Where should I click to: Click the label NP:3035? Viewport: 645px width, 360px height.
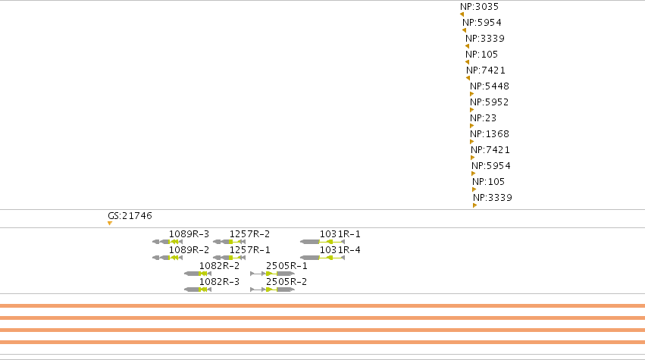pos(479,7)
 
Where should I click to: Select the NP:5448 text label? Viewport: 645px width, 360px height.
pos(490,86)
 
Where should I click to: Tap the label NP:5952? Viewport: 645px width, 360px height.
pos(490,102)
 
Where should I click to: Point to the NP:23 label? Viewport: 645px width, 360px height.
pos(484,118)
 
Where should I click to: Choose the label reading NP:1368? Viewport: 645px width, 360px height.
pos(490,133)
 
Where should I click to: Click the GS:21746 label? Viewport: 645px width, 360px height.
pos(130,215)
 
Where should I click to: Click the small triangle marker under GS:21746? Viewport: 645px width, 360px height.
pos(110,224)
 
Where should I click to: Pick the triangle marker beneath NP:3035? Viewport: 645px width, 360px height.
pos(462,14)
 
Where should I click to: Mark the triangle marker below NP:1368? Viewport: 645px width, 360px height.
pos(472,142)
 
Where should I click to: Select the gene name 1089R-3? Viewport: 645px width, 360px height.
pos(189,233)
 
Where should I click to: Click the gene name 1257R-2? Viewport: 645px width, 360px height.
pos(249,233)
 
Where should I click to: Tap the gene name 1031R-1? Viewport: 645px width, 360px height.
pos(340,233)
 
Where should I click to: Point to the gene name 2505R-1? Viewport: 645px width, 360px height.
pos(286,266)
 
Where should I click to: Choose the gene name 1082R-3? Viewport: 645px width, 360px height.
pos(219,281)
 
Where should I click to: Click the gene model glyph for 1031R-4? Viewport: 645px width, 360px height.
pos(323,258)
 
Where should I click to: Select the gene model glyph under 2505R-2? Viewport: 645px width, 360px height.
pos(272,290)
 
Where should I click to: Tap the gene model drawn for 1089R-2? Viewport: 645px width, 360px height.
pos(168,258)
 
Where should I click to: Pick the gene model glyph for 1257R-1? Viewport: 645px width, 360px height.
pos(229,258)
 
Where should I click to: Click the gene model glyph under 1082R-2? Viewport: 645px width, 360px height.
pos(198,274)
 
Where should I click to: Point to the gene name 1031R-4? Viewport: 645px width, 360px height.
pos(340,250)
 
